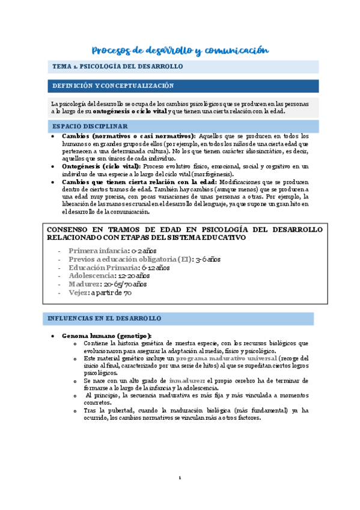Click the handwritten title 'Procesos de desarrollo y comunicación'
click(x=180, y=51)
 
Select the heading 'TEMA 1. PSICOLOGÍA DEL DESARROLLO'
click(x=118, y=67)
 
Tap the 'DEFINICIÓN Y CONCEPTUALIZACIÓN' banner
click(x=113, y=86)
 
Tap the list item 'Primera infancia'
click(x=98, y=250)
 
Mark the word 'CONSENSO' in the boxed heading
click(x=69, y=229)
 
